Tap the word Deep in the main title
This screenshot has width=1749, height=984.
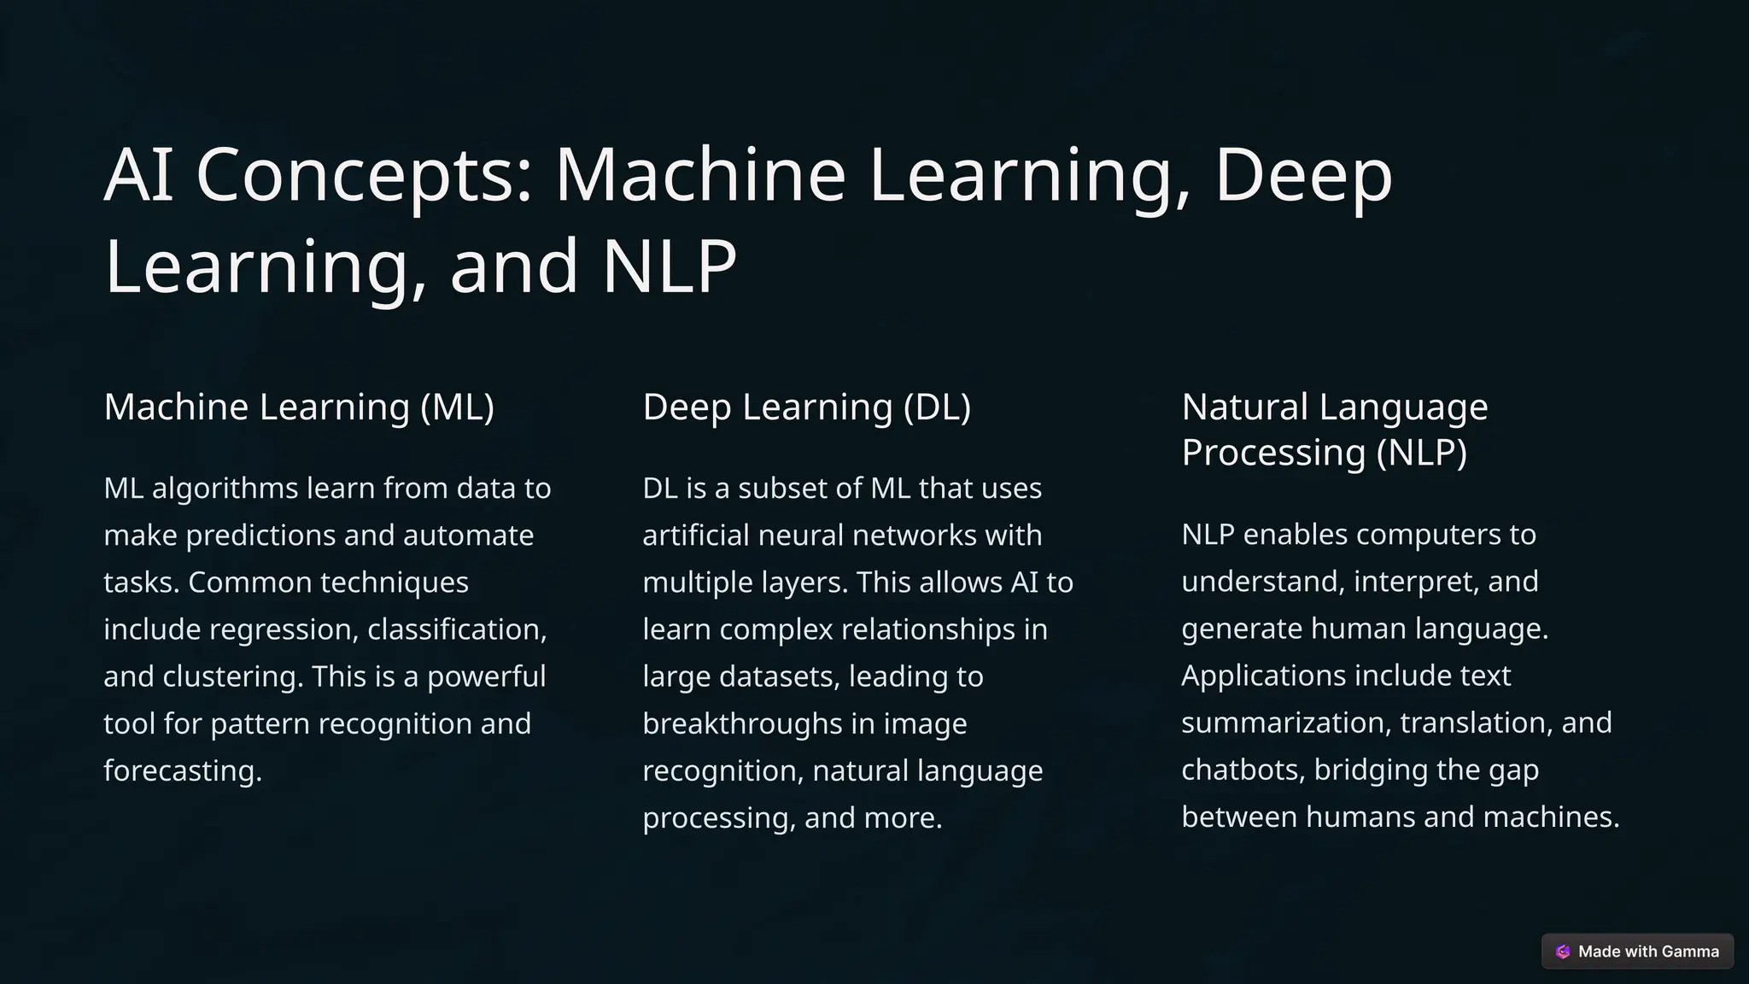[x=1303, y=175]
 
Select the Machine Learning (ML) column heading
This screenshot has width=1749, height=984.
[x=299, y=407]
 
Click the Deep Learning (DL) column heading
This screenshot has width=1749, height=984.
[x=806, y=407]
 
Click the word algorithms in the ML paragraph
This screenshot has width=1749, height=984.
[x=225, y=489]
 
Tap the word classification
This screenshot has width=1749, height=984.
[x=456, y=630]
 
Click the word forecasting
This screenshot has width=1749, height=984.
[x=182, y=771]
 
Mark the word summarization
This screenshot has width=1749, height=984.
[x=1285, y=723]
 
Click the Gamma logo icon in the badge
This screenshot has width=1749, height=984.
[x=1563, y=952]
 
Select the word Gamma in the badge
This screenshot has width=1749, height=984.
[x=1690, y=952]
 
